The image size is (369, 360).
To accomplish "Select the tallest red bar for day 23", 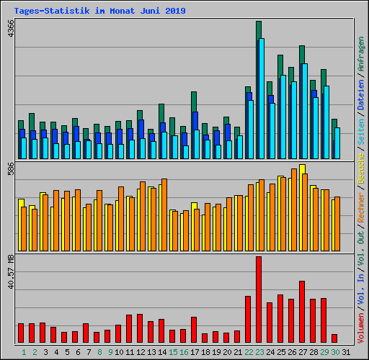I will (x=259, y=300).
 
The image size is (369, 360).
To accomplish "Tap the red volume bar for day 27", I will (x=302, y=312).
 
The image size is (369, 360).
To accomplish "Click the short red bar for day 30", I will (x=334, y=338).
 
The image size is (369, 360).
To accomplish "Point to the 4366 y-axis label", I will (x=10, y=31).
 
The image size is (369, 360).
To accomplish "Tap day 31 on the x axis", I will (x=346, y=353).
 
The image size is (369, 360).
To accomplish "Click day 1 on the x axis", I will (x=24, y=353).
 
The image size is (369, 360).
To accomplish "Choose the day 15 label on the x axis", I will (x=173, y=353).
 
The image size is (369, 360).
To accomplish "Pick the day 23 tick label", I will (x=259, y=353).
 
